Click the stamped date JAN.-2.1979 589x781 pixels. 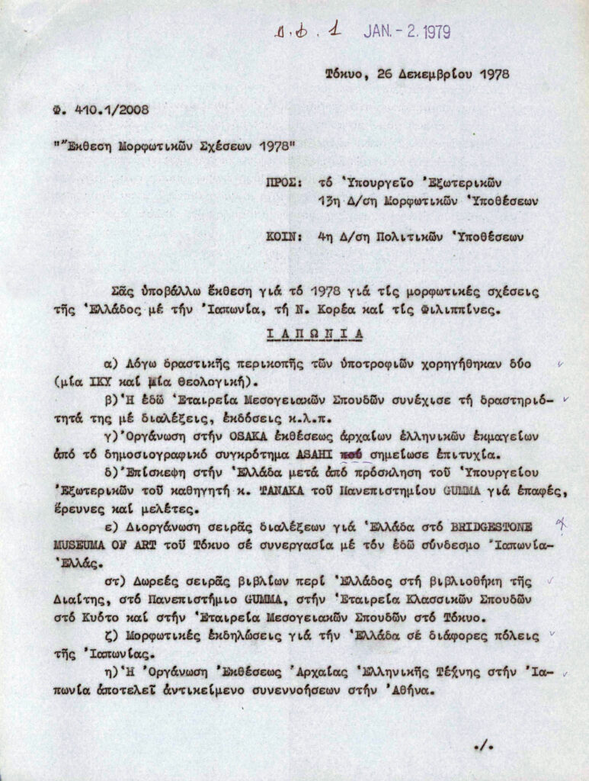407,32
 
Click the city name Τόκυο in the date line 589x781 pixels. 343,74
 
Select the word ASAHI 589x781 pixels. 317,455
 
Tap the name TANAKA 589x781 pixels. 284,491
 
